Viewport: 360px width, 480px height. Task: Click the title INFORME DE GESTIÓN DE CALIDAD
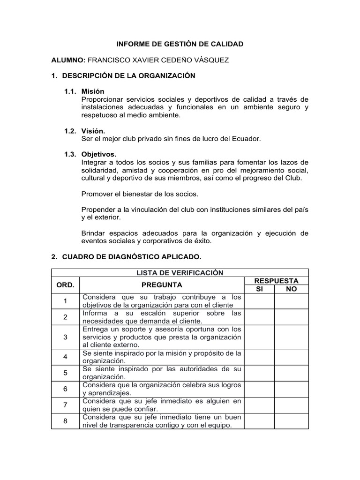(180, 45)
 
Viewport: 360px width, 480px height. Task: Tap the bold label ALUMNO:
(68, 60)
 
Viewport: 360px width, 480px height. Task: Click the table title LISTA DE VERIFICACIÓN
(180, 273)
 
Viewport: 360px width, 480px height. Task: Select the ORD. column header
(65, 285)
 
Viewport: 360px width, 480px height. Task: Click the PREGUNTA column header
(162, 285)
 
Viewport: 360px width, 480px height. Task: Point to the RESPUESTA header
(276, 281)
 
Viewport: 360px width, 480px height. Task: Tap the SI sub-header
(259, 289)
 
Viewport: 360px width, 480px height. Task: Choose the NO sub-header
(291, 289)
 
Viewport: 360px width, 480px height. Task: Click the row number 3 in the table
(65, 337)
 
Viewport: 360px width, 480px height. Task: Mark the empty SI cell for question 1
(259, 301)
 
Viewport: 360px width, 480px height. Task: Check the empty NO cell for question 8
(291, 421)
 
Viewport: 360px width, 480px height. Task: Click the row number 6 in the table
(65, 389)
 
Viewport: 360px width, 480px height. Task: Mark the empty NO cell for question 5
(291, 373)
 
